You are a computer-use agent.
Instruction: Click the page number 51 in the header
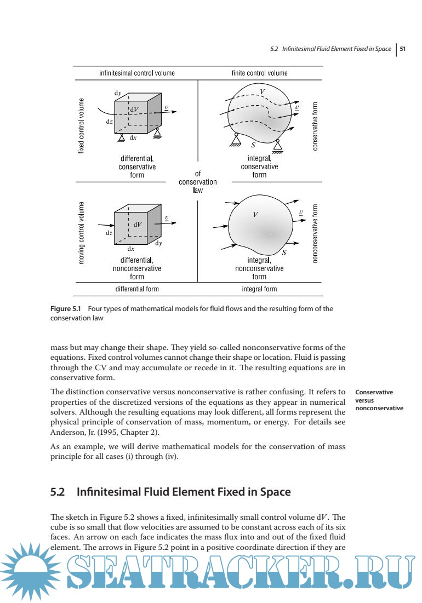click(x=402, y=49)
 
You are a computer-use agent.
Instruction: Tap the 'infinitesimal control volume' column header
click(x=137, y=73)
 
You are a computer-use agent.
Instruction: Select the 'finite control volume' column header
click(x=259, y=73)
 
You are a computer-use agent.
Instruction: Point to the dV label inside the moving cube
click(x=137, y=224)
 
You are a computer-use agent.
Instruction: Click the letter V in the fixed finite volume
click(x=263, y=91)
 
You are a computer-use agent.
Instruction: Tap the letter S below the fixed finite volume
click(x=253, y=146)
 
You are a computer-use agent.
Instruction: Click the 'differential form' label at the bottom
click(x=137, y=289)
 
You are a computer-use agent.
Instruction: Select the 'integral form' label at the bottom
click(x=259, y=289)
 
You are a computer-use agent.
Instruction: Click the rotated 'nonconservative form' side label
click(x=315, y=234)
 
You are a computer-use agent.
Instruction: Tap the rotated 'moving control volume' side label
click(x=82, y=234)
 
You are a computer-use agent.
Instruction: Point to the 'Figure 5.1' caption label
click(x=65, y=308)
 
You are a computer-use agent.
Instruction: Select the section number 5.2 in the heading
click(x=58, y=492)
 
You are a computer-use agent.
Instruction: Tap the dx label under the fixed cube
click(x=133, y=138)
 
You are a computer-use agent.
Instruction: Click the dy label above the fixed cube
click(x=117, y=93)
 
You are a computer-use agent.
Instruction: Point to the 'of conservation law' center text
click(x=198, y=182)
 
